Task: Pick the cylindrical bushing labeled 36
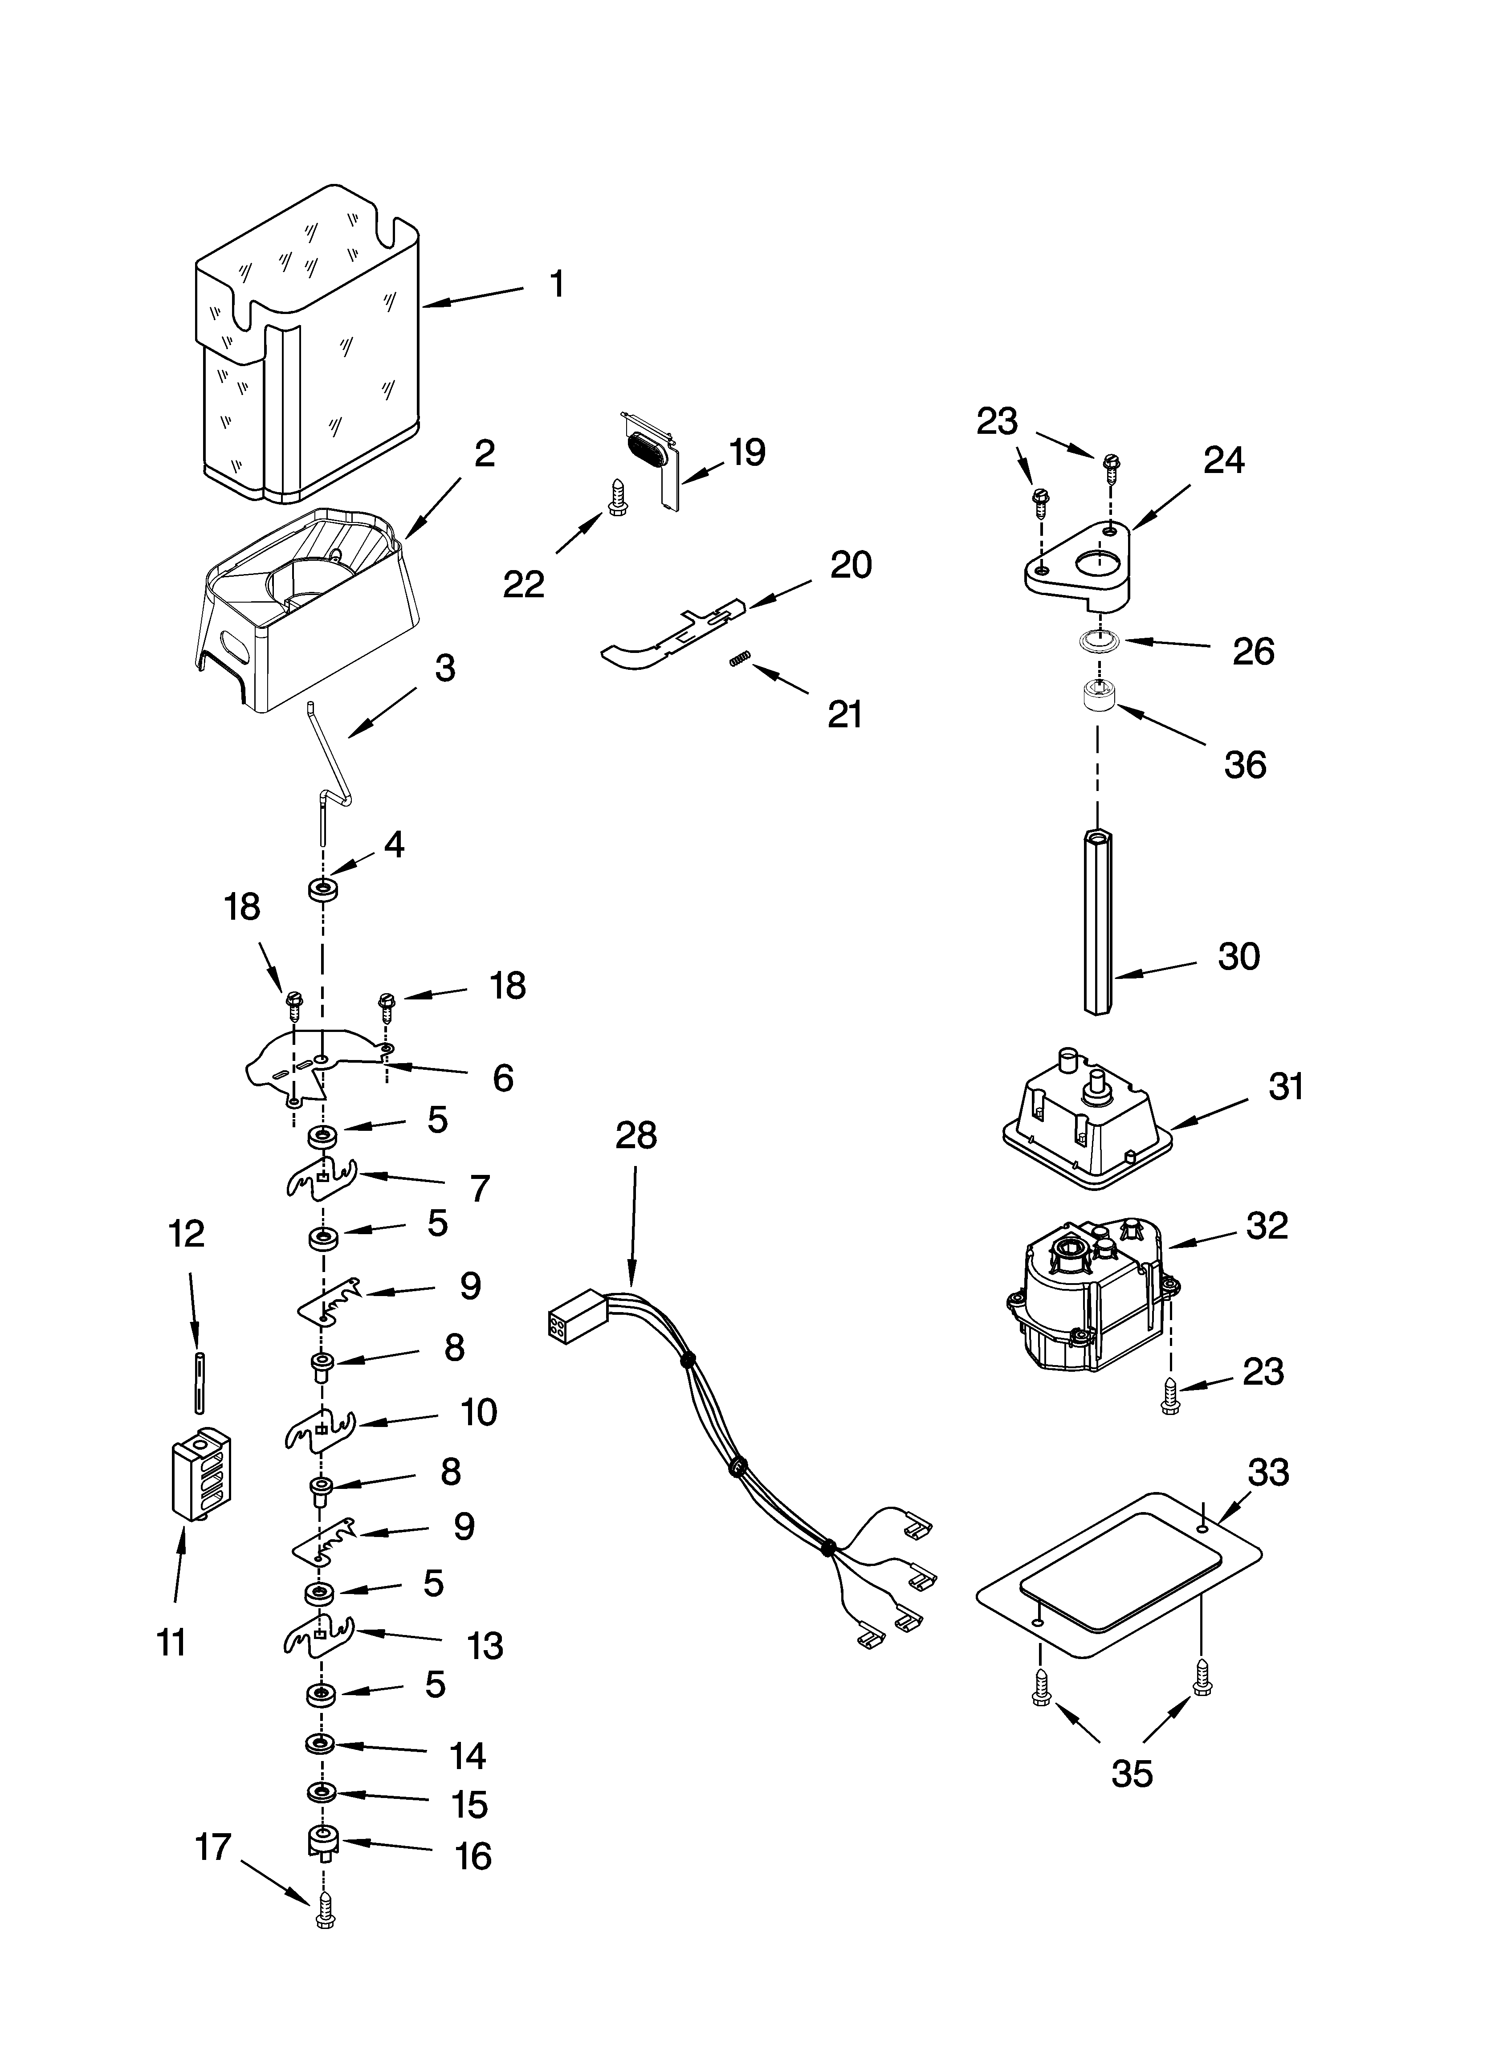point(1099,701)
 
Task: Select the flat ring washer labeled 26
point(1099,642)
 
